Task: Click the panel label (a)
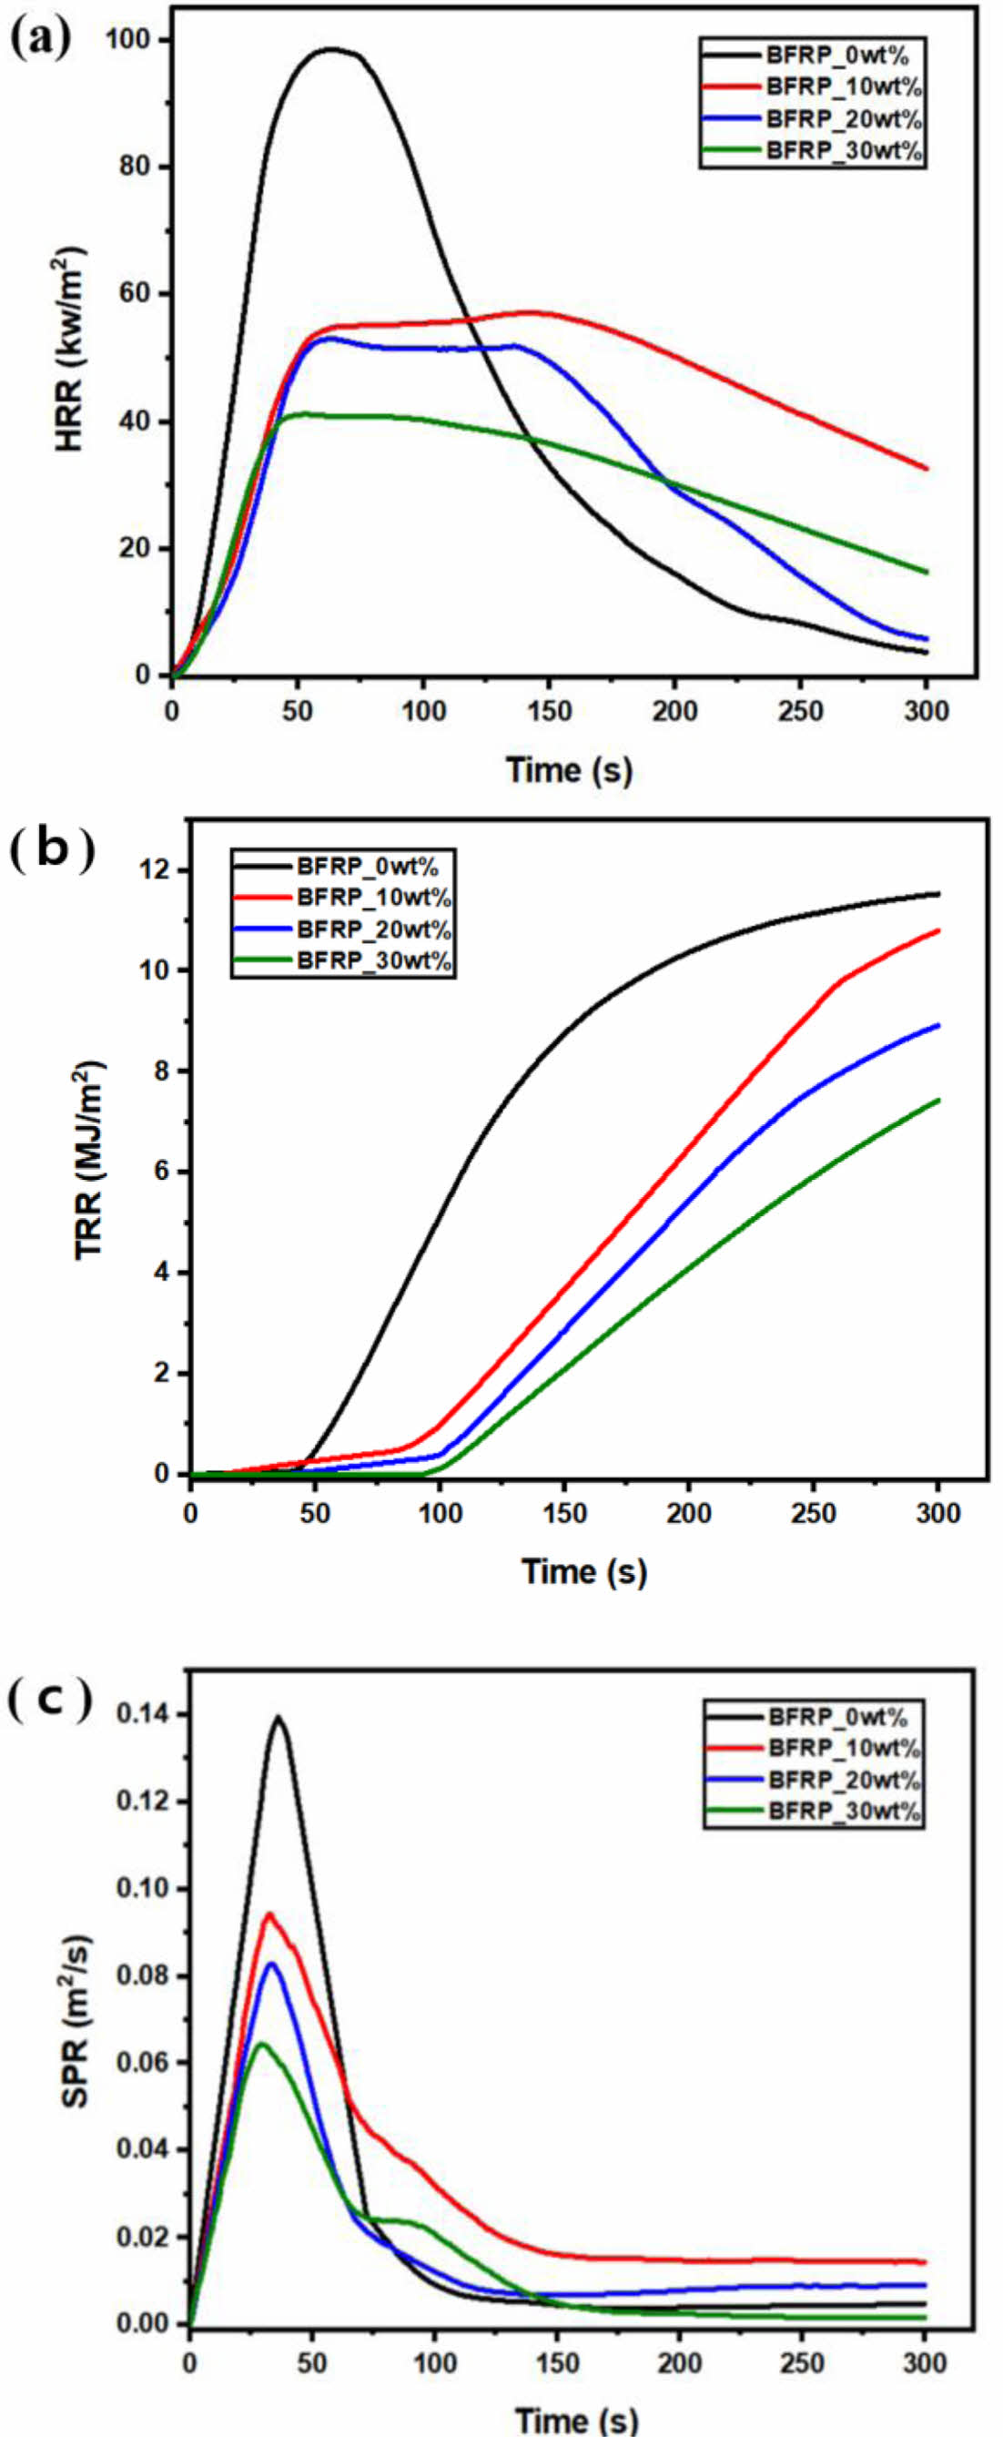(38, 39)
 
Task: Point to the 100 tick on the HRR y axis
(133, 41)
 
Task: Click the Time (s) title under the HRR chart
(568, 769)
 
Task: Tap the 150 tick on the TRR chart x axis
(565, 1514)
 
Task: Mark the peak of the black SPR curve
(278, 1717)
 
